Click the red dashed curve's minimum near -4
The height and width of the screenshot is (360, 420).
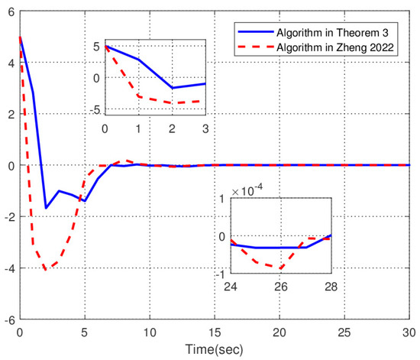click(46, 269)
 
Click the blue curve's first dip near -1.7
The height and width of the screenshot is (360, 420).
click(46, 208)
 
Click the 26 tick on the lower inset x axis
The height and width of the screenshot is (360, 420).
click(280, 286)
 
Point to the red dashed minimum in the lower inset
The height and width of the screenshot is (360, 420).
click(280, 268)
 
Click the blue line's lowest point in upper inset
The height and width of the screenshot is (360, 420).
click(172, 88)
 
